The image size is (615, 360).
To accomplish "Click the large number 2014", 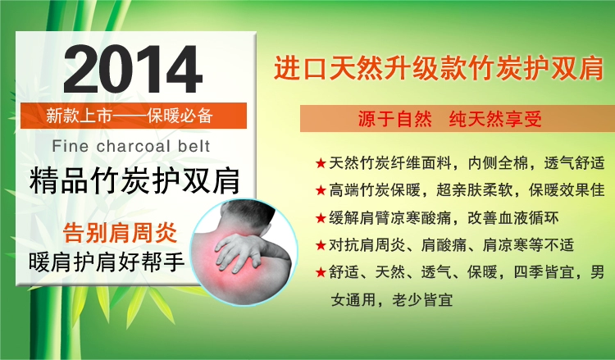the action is point(133,69).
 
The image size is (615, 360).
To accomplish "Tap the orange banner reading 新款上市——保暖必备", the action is point(134,116).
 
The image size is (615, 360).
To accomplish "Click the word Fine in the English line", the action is point(71,146).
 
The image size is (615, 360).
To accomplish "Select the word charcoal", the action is point(134,146).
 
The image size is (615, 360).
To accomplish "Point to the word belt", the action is point(194,146).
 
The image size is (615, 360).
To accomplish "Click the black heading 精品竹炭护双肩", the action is point(134,180).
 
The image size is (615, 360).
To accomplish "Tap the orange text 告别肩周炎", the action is point(120,234).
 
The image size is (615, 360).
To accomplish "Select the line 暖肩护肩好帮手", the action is point(107,262).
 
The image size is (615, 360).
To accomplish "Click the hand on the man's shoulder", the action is point(239,251).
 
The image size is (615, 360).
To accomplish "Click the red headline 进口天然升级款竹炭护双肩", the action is point(438,68).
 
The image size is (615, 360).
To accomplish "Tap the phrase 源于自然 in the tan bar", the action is point(394,119).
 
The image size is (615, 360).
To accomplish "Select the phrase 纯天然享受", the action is point(495,119).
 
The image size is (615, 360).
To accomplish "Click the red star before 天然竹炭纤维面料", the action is point(321,163).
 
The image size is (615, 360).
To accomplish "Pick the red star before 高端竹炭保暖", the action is point(321,190).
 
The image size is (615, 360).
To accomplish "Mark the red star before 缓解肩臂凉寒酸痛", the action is point(321,218).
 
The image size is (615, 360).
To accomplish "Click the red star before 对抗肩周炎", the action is point(321,245).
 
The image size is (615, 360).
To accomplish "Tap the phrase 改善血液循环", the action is point(513,218).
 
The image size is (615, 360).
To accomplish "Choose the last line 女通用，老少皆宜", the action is point(391,300).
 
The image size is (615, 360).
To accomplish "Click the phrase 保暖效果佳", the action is point(567,190).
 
